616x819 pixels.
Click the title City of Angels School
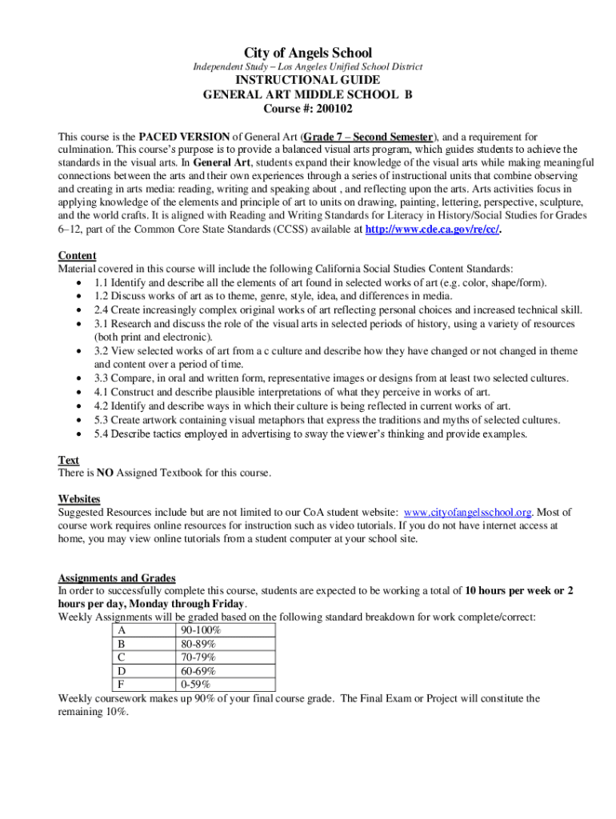(308, 53)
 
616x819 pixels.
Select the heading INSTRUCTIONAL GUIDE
(308, 80)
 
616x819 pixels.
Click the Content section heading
(78, 255)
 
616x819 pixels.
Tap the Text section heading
(69, 460)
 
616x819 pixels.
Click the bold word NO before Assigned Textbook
(105, 473)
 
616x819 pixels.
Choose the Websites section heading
(79, 498)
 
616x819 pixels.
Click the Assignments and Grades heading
(117, 578)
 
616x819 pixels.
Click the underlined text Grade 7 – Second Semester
(368, 137)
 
